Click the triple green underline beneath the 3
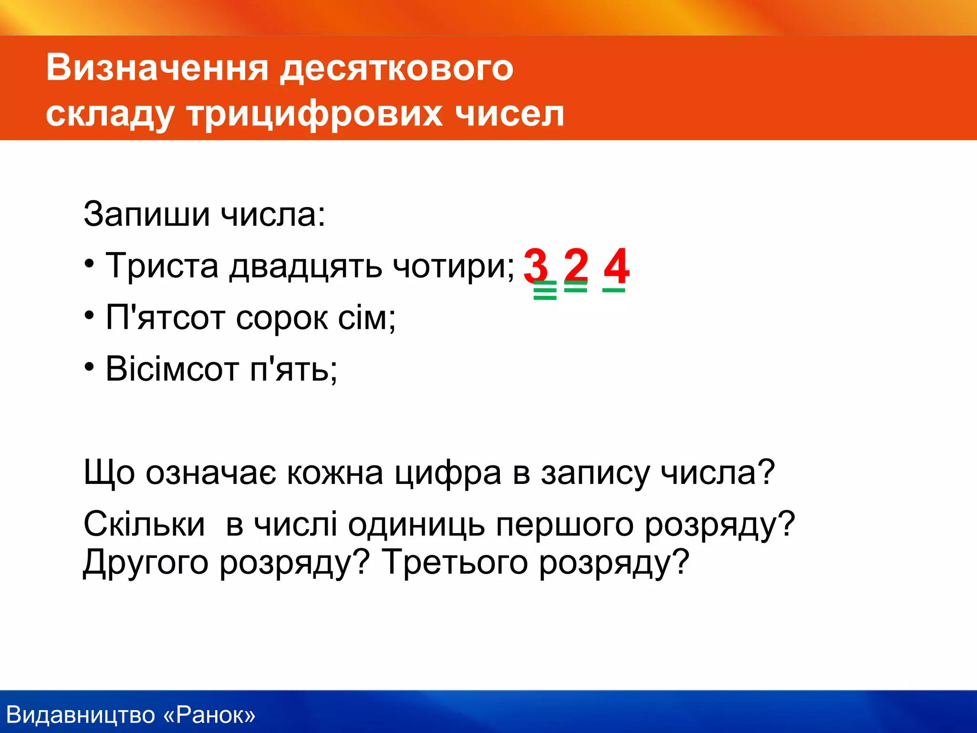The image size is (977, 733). pos(545,290)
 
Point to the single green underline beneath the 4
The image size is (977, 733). pos(613,290)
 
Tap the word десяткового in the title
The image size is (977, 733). pos(396,67)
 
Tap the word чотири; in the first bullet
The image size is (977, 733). pos(453,266)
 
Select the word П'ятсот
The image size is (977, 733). pos(165,317)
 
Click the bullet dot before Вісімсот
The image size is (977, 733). pos(89,367)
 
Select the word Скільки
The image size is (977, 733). pos(144,524)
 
